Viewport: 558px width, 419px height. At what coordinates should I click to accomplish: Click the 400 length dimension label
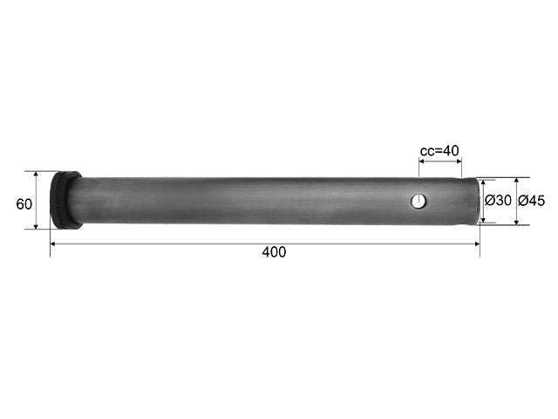274,252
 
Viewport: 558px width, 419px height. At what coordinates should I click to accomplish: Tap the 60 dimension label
24,204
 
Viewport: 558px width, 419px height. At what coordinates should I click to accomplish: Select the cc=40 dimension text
439,151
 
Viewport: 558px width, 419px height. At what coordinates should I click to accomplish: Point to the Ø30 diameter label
498,201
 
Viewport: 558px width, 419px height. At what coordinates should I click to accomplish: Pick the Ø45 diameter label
531,201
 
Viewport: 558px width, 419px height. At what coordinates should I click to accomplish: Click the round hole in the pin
418,201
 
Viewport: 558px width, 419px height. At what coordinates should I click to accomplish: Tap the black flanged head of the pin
65,200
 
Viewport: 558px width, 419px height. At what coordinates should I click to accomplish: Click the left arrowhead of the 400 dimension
53,244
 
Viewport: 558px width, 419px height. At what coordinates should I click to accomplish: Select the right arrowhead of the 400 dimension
477,244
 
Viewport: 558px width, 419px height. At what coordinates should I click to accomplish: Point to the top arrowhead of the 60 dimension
36,175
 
